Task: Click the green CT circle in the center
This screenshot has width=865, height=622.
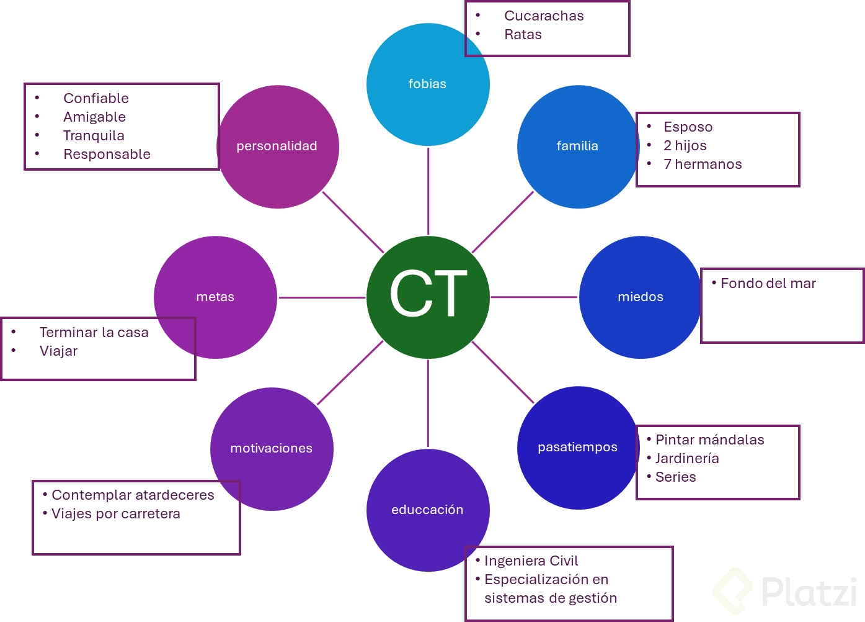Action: coord(428,297)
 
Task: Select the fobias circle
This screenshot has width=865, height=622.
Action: coord(428,84)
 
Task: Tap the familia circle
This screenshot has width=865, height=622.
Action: coord(577,146)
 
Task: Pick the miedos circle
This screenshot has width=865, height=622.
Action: coord(640,297)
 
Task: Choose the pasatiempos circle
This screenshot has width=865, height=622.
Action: coord(577,448)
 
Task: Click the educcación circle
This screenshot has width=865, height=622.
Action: coord(428,510)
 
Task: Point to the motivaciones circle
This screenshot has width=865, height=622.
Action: coord(272,449)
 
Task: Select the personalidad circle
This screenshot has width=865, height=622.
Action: coord(277,146)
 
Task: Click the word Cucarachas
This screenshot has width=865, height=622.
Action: coord(544,16)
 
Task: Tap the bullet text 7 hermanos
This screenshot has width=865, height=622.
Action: coord(702,165)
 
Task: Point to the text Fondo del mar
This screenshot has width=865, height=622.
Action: coord(768,284)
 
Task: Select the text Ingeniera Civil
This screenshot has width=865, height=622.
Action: coord(531,561)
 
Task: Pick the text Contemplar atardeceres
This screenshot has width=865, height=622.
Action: coord(133,495)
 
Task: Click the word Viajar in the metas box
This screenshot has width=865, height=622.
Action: coord(58,351)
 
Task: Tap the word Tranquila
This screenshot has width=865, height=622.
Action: coord(94,136)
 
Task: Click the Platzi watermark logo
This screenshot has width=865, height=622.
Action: coord(787,591)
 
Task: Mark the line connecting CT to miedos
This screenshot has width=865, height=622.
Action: coord(534,297)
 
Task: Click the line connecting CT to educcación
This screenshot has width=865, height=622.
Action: coord(428,403)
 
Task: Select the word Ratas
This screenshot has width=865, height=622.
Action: coord(523,35)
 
